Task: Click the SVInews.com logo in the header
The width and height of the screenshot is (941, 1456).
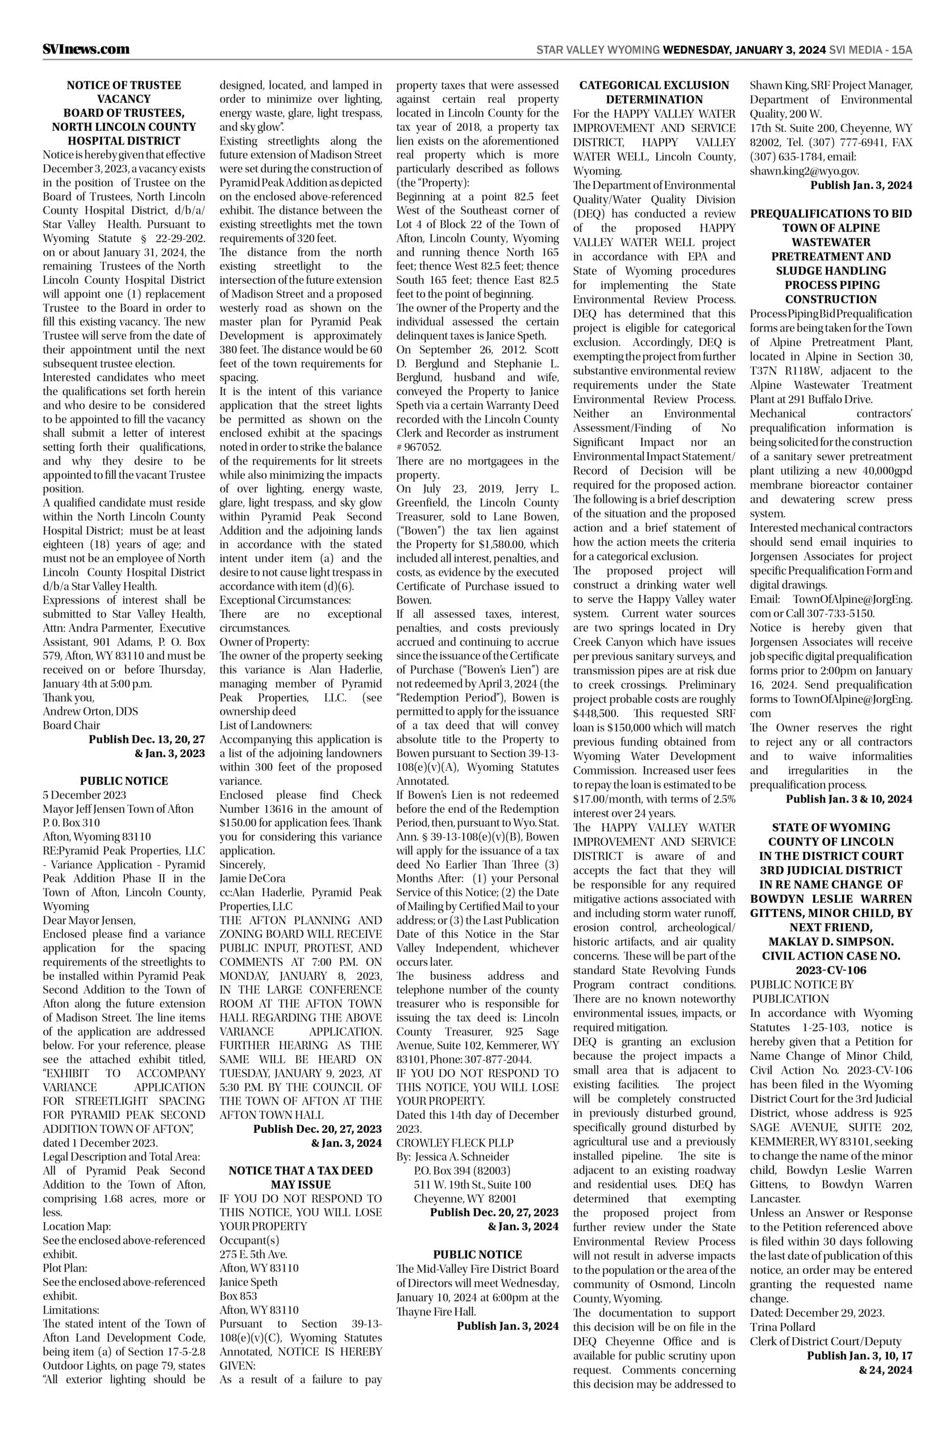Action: pos(86,49)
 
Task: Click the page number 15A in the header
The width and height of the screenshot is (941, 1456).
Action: pos(902,50)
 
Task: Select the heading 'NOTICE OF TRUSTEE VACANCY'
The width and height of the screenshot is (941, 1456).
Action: pos(124,92)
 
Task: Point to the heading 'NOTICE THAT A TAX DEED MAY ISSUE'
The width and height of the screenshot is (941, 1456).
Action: pos(300,1177)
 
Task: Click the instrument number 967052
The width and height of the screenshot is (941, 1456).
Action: pos(422,447)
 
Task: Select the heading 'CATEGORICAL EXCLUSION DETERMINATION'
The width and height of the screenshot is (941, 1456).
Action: pos(654,92)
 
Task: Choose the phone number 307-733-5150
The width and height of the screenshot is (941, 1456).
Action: pos(847,613)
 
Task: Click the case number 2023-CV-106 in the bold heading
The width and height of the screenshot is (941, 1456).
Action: pos(830,970)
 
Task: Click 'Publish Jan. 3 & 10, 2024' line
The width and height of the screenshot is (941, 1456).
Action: pos(849,799)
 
